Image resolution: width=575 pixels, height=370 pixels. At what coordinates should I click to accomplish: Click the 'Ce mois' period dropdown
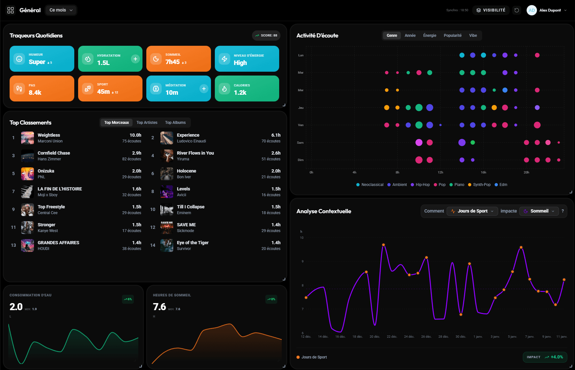[x=61, y=10]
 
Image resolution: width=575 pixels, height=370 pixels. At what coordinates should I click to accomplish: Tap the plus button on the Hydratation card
[x=135, y=59]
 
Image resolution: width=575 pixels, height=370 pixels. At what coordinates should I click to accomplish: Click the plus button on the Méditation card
[x=204, y=89]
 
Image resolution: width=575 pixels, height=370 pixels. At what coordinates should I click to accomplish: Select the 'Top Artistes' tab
[x=147, y=123]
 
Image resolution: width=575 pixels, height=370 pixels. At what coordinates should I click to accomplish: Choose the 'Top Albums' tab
[x=175, y=123]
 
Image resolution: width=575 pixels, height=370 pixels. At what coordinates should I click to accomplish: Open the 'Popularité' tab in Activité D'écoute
[x=452, y=36]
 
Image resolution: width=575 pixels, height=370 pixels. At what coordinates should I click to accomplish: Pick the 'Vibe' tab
[x=473, y=36]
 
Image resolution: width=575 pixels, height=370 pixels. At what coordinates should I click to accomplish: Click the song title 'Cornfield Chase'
[x=54, y=153]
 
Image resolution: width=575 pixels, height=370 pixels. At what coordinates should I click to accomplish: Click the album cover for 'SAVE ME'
[x=167, y=228]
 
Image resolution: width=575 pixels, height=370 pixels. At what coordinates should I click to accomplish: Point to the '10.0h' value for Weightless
[x=135, y=135]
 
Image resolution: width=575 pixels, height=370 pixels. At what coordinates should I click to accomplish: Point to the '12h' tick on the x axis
[x=441, y=173]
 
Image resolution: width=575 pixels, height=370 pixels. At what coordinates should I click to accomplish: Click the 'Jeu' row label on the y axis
[x=301, y=108]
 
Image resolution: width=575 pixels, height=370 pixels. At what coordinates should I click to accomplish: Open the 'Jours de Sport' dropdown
[x=472, y=211]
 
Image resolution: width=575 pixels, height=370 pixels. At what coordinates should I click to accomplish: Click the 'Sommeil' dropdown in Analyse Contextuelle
[x=539, y=211]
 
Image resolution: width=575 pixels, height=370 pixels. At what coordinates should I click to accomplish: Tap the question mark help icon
[x=563, y=211]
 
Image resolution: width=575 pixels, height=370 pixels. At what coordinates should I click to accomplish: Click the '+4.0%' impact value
[x=557, y=357]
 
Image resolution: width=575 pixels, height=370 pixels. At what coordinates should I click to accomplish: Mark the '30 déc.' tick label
[x=461, y=337]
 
